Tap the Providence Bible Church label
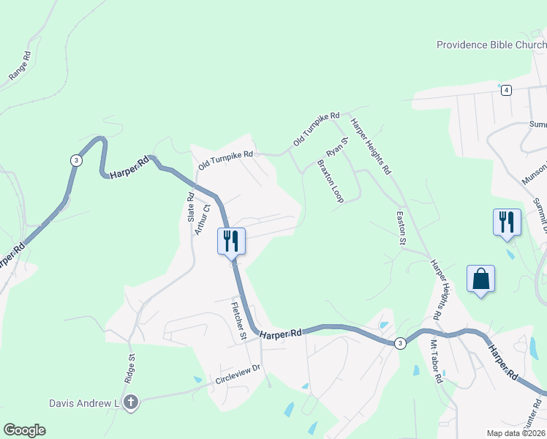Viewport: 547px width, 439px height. (x=491, y=45)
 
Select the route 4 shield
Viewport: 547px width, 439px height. (x=505, y=90)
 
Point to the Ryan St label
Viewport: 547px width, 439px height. (x=337, y=146)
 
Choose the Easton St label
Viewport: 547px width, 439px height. (x=401, y=228)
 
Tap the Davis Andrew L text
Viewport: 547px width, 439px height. (x=84, y=403)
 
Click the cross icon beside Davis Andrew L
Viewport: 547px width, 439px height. (x=131, y=402)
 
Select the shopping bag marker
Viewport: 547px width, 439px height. (x=480, y=279)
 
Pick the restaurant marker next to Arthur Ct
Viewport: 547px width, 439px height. (x=232, y=241)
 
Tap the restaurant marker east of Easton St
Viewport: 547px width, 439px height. (x=507, y=222)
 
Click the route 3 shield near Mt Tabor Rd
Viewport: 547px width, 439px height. (x=399, y=343)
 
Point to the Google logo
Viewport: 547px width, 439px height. (x=24, y=430)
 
